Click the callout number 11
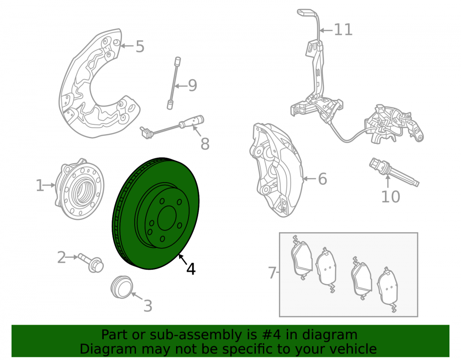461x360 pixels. click(x=343, y=30)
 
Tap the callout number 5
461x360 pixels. click(x=140, y=47)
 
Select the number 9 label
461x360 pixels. click(x=192, y=86)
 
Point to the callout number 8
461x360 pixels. click(x=205, y=144)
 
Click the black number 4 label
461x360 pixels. click(x=191, y=269)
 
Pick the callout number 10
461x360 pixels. click(x=390, y=197)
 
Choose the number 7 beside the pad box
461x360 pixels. click(x=272, y=273)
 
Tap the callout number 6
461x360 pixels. click(x=323, y=179)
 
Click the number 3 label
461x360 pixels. click(x=148, y=306)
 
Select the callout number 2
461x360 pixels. click(x=61, y=257)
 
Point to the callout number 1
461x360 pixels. click(x=39, y=186)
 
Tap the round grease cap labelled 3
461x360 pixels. click(x=122, y=287)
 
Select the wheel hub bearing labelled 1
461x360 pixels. click(x=79, y=189)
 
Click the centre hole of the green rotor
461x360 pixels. click(x=167, y=218)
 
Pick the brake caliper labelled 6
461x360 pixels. click(x=276, y=170)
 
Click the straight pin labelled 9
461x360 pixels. click(x=174, y=83)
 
